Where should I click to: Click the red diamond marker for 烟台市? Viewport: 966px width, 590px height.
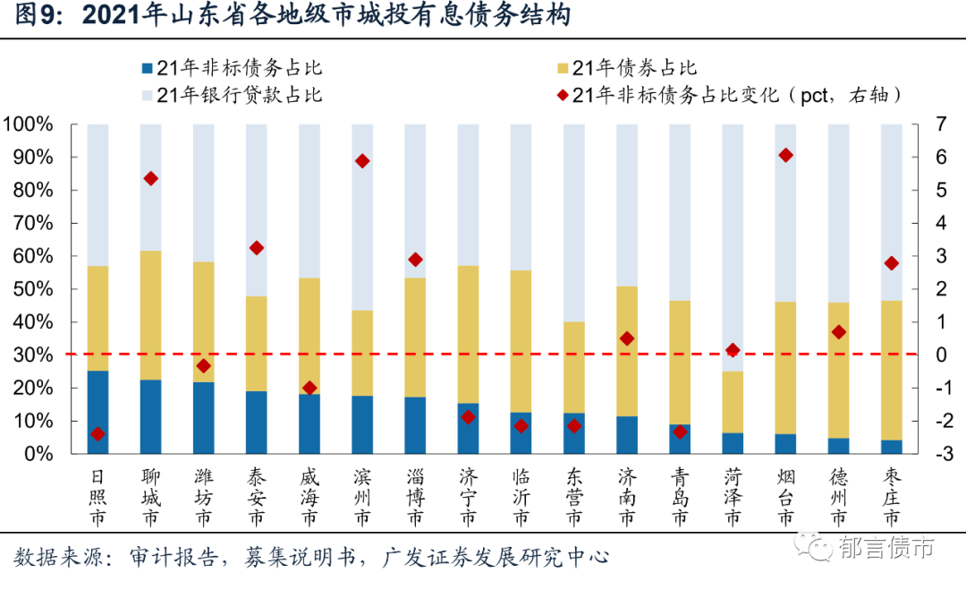(x=785, y=155)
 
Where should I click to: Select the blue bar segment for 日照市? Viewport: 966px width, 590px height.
(x=97, y=412)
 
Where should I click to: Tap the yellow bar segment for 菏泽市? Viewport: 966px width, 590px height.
(x=733, y=402)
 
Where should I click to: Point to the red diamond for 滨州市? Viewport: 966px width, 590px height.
(x=362, y=161)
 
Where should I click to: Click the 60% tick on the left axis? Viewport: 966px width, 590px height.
(x=30, y=256)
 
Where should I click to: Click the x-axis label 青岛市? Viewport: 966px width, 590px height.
(x=680, y=498)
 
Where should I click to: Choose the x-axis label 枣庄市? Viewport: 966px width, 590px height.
(x=891, y=498)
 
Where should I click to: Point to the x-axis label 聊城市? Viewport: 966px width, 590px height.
(x=150, y=498)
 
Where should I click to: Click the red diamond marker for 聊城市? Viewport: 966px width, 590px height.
(x=151, y=179)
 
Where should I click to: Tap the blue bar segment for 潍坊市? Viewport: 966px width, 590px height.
(x=204, y=417)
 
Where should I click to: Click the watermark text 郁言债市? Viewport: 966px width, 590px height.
(x=886, y=547)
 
